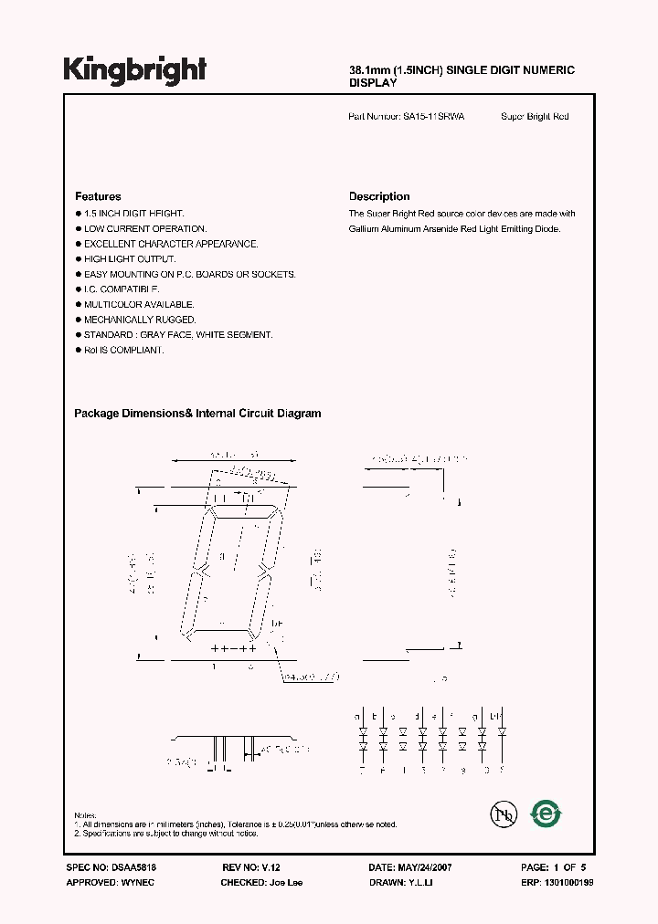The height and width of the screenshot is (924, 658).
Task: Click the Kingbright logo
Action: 135,71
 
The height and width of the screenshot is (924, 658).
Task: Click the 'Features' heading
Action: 98,196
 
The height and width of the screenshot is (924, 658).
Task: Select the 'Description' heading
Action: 379,196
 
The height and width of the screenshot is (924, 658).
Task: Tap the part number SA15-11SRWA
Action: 433,117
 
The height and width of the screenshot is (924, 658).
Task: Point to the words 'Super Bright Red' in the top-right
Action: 535,117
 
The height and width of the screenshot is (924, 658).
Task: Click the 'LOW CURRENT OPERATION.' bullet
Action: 145,228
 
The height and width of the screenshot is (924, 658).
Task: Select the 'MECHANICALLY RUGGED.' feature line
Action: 140,320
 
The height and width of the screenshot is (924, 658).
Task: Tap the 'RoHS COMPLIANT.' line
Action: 123,350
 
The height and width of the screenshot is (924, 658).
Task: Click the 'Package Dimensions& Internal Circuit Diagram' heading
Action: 197,414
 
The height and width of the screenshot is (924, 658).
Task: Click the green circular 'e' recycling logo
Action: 548,813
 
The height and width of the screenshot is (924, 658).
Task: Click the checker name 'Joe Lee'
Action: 287,883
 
